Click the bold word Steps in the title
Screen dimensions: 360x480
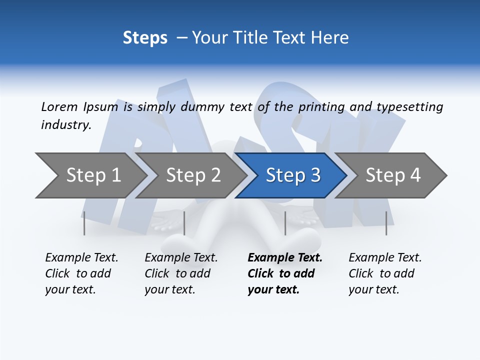[145, 38]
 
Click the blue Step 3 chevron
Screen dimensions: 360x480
[293, 175]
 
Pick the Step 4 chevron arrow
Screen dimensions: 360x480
[393, 175]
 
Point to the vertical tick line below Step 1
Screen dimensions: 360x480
[84, 223]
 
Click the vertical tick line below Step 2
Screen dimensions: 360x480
[184, 223]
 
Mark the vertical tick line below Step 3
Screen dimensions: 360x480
[285, 223]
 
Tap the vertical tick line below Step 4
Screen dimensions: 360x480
[386, 223]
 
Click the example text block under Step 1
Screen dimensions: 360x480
[81, 273]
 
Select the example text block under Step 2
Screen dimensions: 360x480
[181, 273]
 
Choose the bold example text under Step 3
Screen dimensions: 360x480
[284, 273]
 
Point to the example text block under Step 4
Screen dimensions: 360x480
[385, 273]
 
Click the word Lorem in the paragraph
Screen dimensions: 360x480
[59, 107]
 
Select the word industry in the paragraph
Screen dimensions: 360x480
[65, 125]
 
